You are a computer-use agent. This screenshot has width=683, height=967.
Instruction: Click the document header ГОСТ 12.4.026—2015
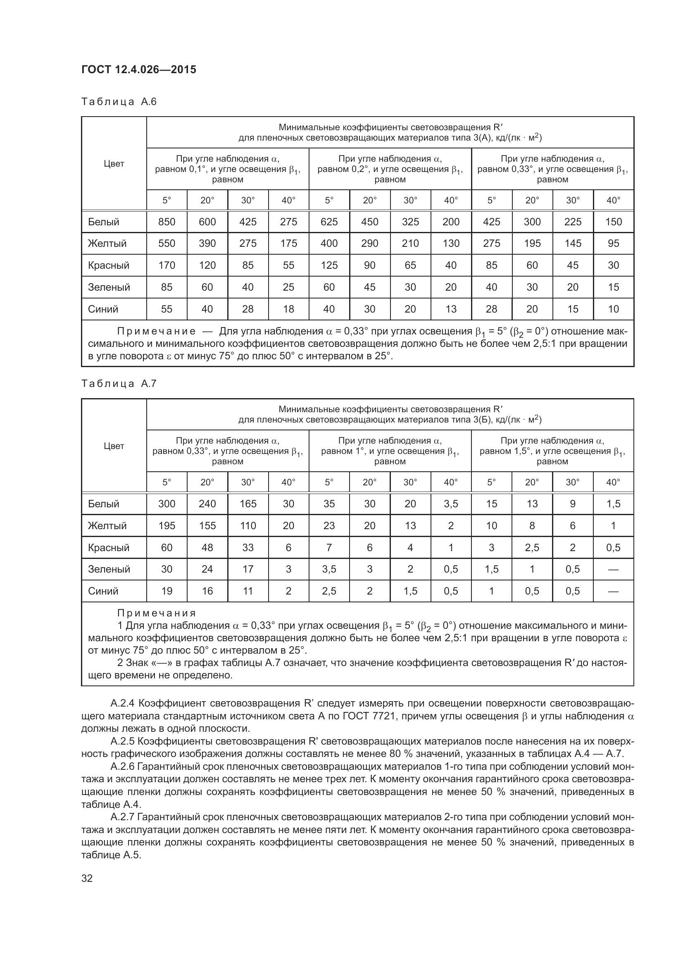(x=138, y=69)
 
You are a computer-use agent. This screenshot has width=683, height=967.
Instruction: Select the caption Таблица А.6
(x=119, y=102)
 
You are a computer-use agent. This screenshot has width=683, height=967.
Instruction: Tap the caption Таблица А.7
(x=119, y=383)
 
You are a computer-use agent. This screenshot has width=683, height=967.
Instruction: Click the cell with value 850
(x=167, y=222)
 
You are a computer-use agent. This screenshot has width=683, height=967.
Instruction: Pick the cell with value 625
(x=328, y=222)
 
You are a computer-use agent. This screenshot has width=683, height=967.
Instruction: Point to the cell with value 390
(x=207, y=244)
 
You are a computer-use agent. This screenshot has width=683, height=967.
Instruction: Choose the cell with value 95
(x=613, y=244)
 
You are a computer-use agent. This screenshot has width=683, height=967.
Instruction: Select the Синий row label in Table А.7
(x=103, y=591)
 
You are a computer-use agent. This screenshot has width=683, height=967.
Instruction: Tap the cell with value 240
(x=207, y=504)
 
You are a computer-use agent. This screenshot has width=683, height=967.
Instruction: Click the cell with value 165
(x=248, y=504)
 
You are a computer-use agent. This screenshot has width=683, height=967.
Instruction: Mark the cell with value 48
(x=207, y=547)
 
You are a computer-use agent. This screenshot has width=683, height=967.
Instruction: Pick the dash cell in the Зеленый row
(x=613, y=569)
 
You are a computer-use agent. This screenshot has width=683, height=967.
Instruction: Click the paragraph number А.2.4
(x=122, y=703)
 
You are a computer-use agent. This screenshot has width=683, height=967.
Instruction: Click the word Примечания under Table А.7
(x=157, y=613)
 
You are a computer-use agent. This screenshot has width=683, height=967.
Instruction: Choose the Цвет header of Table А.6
(x=114, y=164)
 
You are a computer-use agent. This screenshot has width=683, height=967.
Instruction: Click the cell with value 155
(x=207, y=525)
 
